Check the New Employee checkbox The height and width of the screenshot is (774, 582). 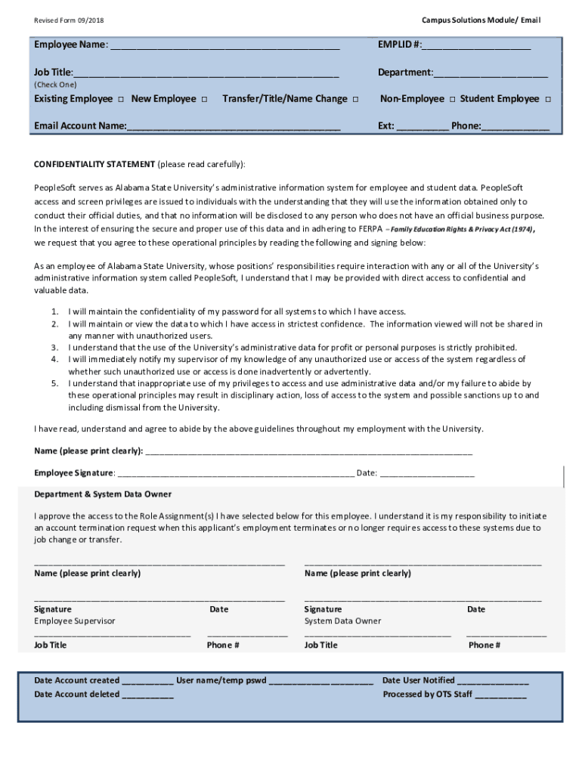click(x=204, y=100)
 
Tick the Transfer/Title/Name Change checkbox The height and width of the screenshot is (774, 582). click(x=356, y=100)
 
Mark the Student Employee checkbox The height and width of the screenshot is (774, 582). click(x=547, y=100)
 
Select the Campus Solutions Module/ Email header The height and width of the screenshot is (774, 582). click(x=481, y=20)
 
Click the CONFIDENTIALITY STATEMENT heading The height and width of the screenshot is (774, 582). click(x=94, y=164)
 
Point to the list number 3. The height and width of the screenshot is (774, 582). click(x=55, y=348)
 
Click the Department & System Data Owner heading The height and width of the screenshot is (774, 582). click(x=103, y=494)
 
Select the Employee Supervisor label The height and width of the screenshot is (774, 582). click(x=75, y=621)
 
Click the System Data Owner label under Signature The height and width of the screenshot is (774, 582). click(x=342, y=621)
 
